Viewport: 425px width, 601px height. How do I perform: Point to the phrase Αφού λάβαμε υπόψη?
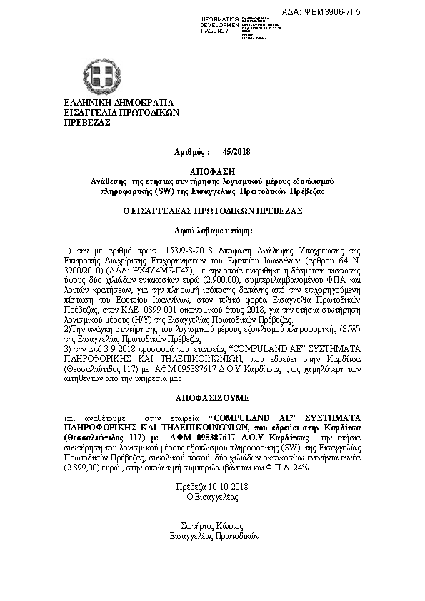212,231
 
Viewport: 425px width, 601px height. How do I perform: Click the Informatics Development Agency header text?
220,24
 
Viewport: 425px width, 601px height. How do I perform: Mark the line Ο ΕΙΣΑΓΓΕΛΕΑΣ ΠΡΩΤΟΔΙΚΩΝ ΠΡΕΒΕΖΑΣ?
212,211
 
